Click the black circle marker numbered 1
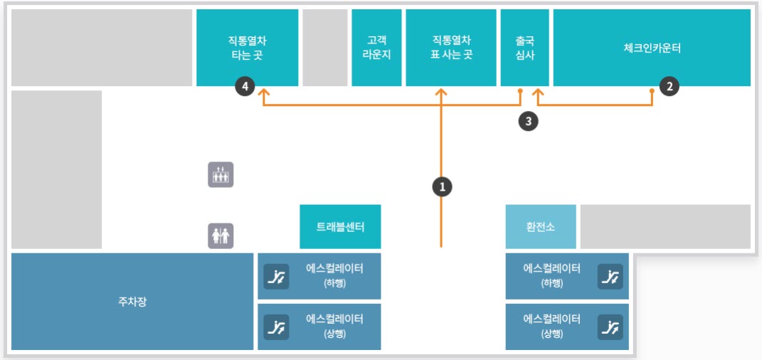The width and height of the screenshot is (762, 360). tap(442, 186)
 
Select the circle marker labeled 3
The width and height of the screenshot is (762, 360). tap(527, 121)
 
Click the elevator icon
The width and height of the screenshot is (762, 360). tap(221, 174)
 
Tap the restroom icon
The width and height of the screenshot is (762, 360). tap(221, 235)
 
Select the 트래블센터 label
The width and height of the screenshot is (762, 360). tap(340, 227)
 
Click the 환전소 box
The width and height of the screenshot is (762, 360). tap(540, 227)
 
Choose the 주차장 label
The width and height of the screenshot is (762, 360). tap(132, 302)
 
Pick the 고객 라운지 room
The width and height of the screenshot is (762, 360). tap(376, 48)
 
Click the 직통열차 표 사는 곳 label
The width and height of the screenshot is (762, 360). tap(451, 48)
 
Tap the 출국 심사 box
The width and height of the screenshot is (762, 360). tap(525, 48)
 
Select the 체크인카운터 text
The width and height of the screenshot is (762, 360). tap(652, 48)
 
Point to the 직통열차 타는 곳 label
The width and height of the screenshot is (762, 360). tap(246, 48)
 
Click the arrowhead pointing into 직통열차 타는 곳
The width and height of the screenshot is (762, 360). tap(263, 92)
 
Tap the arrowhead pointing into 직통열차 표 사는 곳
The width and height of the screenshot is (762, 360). tap(442, 92)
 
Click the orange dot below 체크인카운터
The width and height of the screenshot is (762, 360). tap(652, 90)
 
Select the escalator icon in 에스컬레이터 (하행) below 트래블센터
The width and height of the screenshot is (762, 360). tap(276, 276)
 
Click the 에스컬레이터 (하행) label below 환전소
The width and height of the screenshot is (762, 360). tap(551, 275)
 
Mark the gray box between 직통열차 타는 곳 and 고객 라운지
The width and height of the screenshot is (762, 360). tap(324, 48)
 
